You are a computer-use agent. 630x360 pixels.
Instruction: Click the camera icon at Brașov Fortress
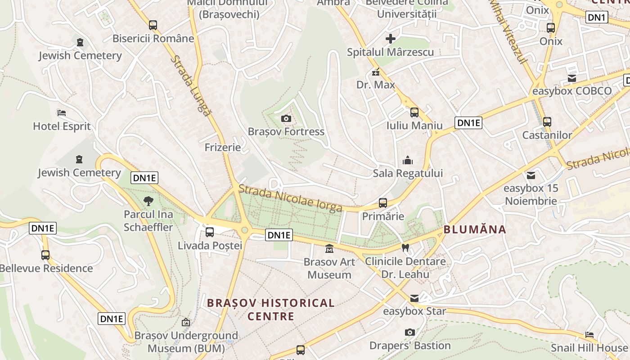tap(286, 119)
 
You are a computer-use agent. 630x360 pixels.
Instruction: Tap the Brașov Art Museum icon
tap(329, 248)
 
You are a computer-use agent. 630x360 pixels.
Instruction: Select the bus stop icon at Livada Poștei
tap(210, 232)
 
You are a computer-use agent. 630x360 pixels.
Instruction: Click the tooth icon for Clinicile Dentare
tap(405, 247)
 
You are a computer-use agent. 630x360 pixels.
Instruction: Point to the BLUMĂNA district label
tap(475, 229)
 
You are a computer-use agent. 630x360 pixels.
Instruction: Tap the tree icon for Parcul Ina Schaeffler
tap(148, 201)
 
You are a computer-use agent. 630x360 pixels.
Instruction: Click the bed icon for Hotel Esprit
tap(62, 112)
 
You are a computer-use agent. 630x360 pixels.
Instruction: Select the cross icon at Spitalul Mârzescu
tap(390, 39)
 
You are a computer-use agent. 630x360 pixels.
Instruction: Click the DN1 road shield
tap(597, 18)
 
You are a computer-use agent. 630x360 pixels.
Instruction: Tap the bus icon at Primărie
tap(383, 203)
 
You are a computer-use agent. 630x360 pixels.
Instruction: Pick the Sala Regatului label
tap(408, 173)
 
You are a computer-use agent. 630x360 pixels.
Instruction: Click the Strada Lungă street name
tap(190, 86)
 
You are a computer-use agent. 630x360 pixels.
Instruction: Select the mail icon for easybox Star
tap(414, 298)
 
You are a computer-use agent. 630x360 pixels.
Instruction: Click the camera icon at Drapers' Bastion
tap(409, 332)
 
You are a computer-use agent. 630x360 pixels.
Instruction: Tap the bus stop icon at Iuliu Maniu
tap(414, 112)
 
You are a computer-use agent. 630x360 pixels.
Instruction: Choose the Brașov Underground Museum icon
tap(186, 322)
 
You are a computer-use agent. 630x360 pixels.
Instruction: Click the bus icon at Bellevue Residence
tap(45, 255)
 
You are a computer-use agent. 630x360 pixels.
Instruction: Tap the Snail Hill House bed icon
tap(589, 334)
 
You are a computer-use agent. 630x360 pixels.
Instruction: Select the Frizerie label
tap(222, 147)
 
